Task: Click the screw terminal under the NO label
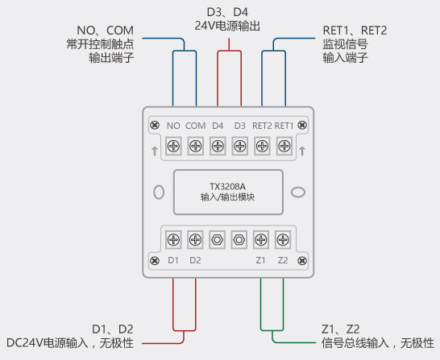(x=173, y=146)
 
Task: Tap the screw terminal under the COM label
(x=195, y=146)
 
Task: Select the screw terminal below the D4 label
(x=218, y=146)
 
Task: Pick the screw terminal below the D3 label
(x=239, y=146)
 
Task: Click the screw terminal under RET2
(x=262, y=146)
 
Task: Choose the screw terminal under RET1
(x=284, y=146)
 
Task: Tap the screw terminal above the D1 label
(x=173, y=239)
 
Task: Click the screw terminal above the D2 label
(x=195, y=239)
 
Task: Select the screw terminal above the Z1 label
(x=260, y=239)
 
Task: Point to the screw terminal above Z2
(x=282, y=239)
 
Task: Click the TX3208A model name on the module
(x=228, y=184)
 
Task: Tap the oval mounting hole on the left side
(x=159, y=192)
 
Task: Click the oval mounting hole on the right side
(x=297, y=192)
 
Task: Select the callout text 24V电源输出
(x=228, y=26)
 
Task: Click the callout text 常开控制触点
(x=100, y=44)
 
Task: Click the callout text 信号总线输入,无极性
(x=377, y=344)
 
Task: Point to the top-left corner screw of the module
(x=153, y=125)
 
